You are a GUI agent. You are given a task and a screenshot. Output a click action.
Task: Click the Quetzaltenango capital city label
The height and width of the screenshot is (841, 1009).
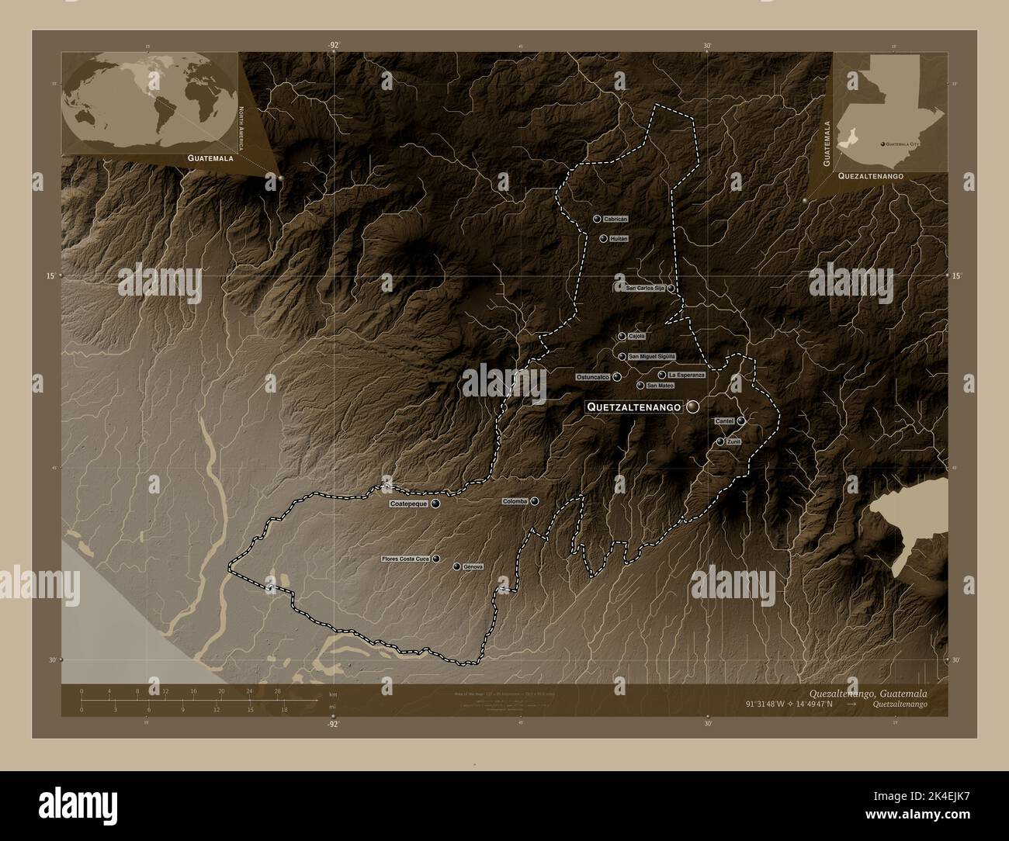[x=634, y=407]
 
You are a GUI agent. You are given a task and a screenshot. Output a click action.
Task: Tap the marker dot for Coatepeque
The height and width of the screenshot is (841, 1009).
[x=435, y=504]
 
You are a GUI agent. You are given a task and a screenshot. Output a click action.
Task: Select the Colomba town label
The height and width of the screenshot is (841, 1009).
[x=515, y=501]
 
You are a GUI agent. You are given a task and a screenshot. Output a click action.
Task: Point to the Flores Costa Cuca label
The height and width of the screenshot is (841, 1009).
[x=405, y=559]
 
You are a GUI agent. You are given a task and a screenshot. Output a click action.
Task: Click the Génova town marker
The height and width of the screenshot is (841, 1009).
[x=457, y=566]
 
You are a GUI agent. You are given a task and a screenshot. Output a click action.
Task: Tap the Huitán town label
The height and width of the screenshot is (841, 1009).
[x=619, y=238]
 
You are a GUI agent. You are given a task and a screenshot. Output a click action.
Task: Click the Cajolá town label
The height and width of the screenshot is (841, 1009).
[x=636, y=336]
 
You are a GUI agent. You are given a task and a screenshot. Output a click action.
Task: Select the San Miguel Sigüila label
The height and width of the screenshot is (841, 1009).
[x=652, y=356]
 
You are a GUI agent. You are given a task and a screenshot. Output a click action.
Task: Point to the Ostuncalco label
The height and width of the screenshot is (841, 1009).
[x=592, y=377]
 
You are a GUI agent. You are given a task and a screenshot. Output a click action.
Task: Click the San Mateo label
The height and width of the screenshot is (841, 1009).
[x=660, y=386]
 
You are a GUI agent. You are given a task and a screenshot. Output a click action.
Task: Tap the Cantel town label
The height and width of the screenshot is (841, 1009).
[x=724, y=420]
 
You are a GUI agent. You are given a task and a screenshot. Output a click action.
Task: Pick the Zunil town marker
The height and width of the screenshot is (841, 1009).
[x=721, y=441]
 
